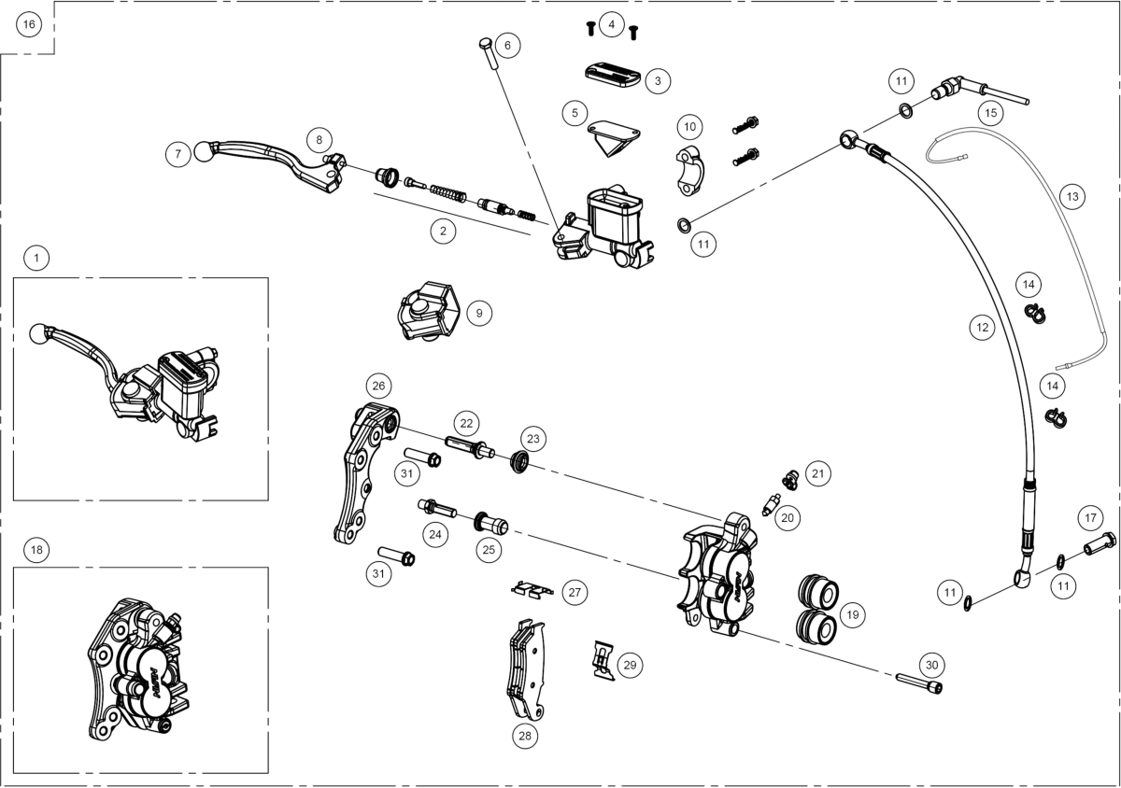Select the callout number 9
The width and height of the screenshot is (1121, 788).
pos(478,314)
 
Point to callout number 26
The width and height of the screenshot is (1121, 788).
pos(378,386)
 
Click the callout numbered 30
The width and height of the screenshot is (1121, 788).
pos(930,665)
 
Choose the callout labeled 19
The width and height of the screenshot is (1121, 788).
pos(851,614)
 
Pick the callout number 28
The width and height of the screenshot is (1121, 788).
pos(525,735)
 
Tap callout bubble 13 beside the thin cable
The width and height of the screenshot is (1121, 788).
pos(1071,197)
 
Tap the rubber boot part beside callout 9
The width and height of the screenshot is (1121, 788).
pos(428,311)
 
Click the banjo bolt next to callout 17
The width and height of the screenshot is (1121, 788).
pos(1097,542)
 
